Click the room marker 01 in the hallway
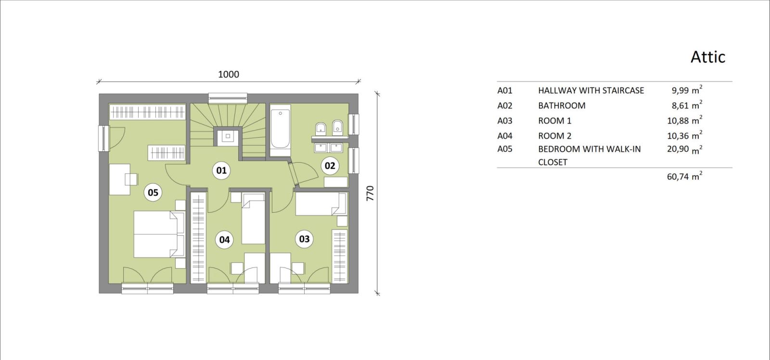221,170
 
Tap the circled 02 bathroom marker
330,166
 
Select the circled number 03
304,239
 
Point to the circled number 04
224,240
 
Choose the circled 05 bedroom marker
153,193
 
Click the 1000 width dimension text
229,74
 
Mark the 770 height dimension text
370,193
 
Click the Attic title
708,57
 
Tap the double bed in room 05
159,234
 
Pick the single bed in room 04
253,219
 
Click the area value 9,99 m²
687,90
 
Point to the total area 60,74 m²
684,176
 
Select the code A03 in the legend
505,121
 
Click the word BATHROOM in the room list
562,105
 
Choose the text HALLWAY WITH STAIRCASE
591,90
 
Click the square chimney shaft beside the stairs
227,137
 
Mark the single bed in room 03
321,204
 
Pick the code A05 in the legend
505,149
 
